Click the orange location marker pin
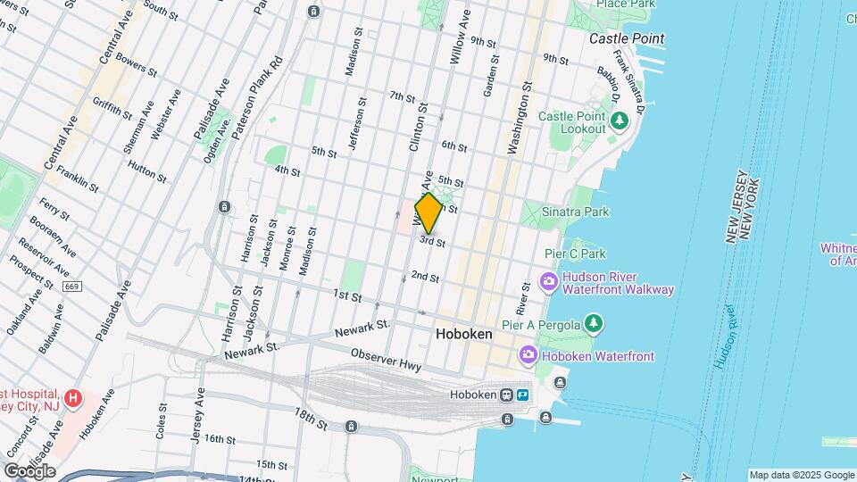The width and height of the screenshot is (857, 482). (x=429, y=213)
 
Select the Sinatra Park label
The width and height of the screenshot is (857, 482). (x=578, y=212)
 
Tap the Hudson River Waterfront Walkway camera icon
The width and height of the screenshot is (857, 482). (x=549, y=282)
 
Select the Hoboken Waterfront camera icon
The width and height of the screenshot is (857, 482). (x=528, y=356)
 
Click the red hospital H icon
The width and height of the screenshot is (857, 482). (x=74, y=397)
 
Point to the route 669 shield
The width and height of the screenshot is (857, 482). (x=72, y=287)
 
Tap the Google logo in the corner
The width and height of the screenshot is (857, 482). (x=29, y=471)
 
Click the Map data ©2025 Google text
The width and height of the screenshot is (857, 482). (x=802, y=475)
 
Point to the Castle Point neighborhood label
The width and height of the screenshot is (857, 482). (x=627, y=38)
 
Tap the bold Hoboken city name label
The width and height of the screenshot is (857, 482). (x=463, y=334)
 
